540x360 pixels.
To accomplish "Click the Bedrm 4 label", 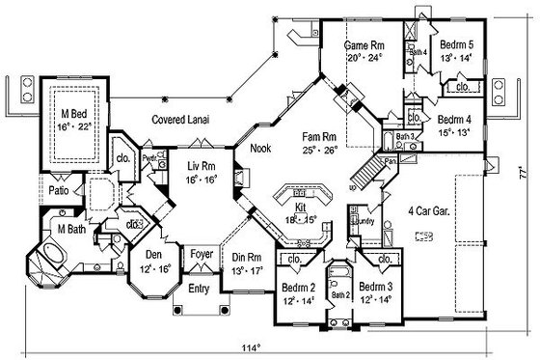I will pos(452,120).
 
